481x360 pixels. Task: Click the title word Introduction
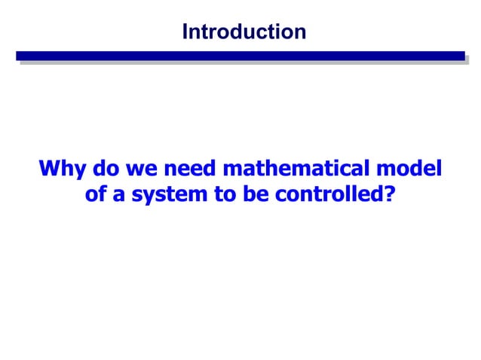pyautogui.click(x=244, y=32)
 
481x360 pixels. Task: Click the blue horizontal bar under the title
pyautogui.click(x=240, y=56)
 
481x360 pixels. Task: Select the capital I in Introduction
pyautogui.click(x=185, y=32)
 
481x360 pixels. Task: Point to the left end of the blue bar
pyautogui.click(x=20, y=56)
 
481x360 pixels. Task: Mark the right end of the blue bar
pyautogui.click(x=461, y=56)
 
